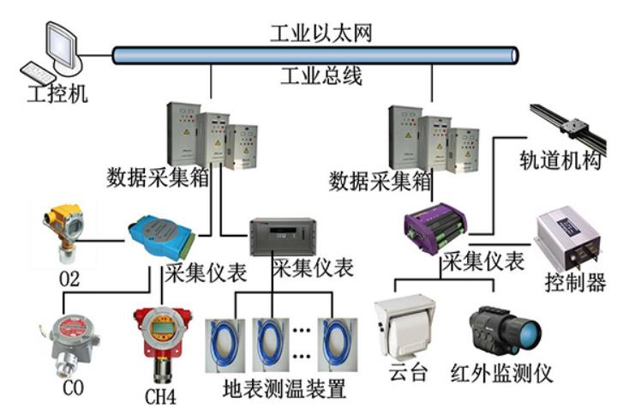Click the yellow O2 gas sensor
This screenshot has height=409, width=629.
pos(65,231)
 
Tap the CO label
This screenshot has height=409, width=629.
pos(73,387)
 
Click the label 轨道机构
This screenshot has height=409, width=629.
pos(562,160)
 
